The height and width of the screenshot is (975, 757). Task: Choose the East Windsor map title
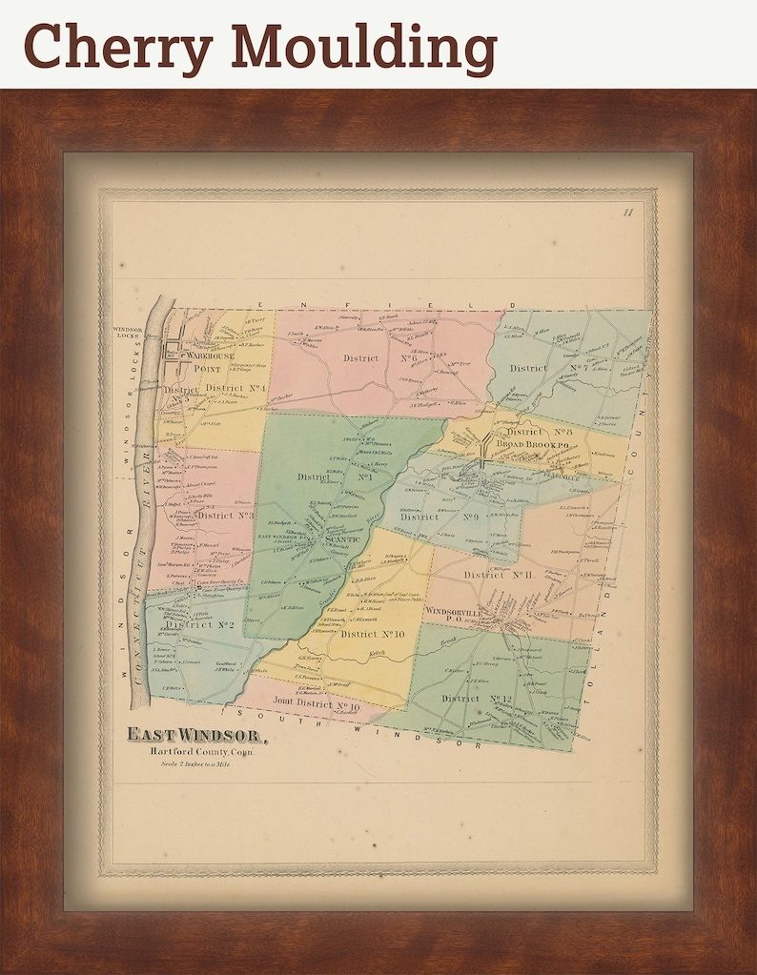(x=197, y=735)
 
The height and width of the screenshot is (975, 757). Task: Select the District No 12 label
(x=477, y=699)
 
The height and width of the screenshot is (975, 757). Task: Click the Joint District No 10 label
(x=316, y=706)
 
